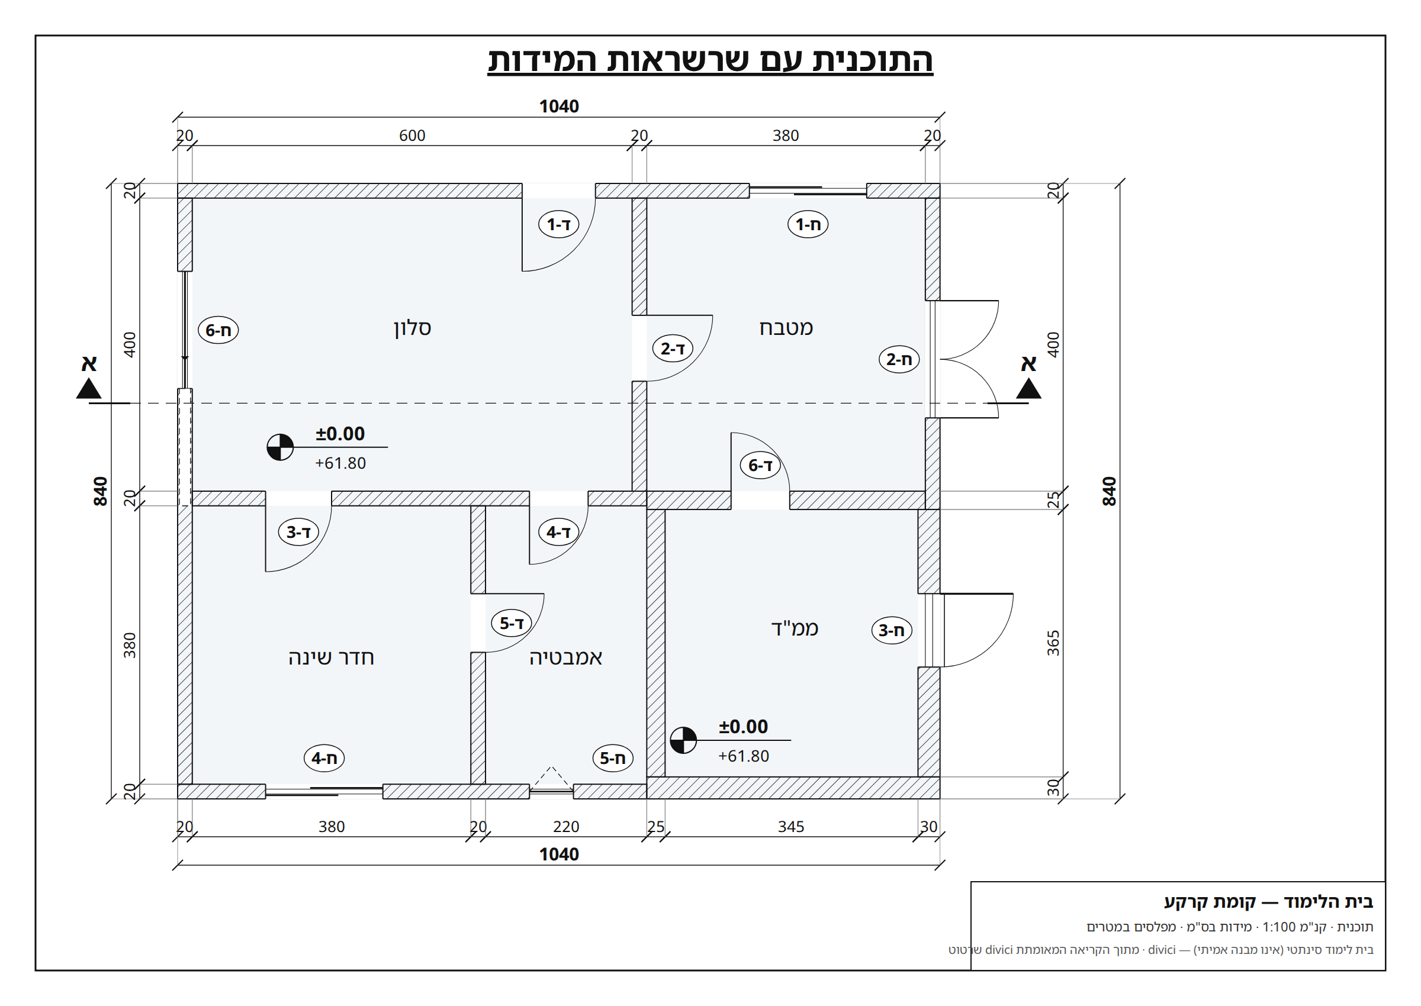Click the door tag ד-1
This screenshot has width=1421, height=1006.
point(558,224)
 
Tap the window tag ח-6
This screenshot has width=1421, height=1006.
point(218,330)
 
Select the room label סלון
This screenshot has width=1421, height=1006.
point(412,328)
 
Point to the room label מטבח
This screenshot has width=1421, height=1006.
point(786,328)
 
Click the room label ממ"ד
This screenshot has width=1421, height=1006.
point(795,628)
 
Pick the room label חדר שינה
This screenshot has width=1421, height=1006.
point(331,657)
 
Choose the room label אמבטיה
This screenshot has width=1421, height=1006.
point(565,657)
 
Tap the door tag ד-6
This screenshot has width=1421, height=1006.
point(760,465)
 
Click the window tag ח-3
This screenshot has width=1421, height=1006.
point(891,631)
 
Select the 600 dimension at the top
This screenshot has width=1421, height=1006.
point(412,136)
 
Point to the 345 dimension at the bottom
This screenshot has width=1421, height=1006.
point(791,827)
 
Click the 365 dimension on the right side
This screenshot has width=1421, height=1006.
point(1053,643)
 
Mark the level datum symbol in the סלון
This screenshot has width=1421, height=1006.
point(280,447)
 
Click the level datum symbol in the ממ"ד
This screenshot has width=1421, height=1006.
point(683,740)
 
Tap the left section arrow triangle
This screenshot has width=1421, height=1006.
point(89,388)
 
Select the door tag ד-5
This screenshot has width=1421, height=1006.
point(511,623)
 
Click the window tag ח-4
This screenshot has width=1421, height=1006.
point(323,758)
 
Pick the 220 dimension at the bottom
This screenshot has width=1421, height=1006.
point(566,827)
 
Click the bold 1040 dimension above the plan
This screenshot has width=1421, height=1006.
point(559,107)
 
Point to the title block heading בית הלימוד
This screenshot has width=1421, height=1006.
point(1327,902)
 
